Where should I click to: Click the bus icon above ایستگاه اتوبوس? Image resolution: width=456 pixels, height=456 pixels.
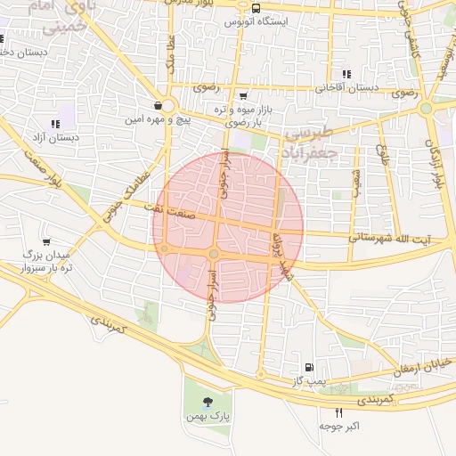point(256,8)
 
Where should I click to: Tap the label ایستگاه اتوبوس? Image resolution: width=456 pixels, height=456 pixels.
point(256,20)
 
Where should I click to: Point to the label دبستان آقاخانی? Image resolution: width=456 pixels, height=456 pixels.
point(346,88)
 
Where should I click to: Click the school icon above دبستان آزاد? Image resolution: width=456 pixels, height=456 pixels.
point(55,124)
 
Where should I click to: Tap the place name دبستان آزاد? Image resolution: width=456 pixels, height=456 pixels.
point(56,137)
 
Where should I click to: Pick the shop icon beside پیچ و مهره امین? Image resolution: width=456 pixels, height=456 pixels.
point(158,105)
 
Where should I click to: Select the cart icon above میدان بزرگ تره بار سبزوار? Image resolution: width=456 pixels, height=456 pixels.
point(45,241)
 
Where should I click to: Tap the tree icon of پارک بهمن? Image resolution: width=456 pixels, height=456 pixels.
point(208,401)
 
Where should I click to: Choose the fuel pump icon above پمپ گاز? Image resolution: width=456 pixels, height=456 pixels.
point(309,367)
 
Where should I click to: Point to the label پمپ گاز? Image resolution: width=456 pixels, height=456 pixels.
point(310,381)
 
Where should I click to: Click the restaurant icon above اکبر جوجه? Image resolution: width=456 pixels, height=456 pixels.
point(338,412)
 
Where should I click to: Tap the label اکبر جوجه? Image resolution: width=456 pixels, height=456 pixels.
point(339,427)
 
